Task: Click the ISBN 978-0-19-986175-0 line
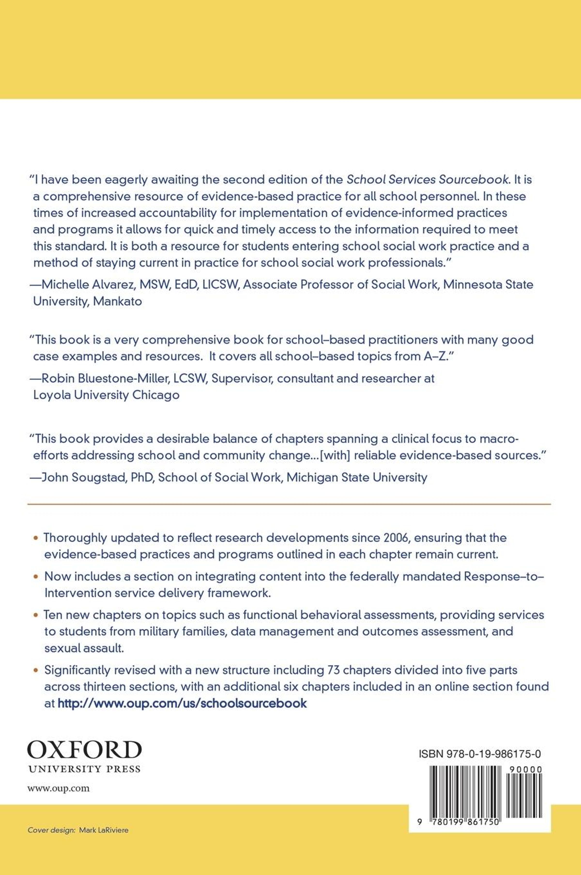[x=480, y=754]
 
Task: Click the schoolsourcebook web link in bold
[x=182, y=703]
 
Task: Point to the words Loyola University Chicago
[x=106, y=395]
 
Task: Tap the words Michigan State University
[x=357, y=477]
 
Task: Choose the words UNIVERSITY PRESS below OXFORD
[x=84, y=769]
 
